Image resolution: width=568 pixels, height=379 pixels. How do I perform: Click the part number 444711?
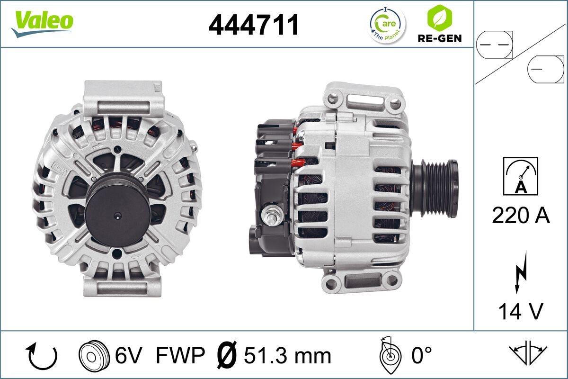(x=254, y=25)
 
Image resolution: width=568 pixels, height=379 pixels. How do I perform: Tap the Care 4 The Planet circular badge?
(x=387, y=25)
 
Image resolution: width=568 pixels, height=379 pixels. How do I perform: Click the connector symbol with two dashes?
(x=494, y=45)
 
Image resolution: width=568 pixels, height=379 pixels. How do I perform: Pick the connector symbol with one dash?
(x=546, y=69)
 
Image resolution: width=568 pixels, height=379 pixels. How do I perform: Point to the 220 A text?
(x=521, y=216)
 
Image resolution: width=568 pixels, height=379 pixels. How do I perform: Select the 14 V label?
(x=521, y=311)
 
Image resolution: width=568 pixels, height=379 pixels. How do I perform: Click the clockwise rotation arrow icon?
(x=43, y=356)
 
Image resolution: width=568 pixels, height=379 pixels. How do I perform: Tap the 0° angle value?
(x=421, y=355)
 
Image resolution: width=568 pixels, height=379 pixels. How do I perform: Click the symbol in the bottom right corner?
(x=528, y=353)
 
